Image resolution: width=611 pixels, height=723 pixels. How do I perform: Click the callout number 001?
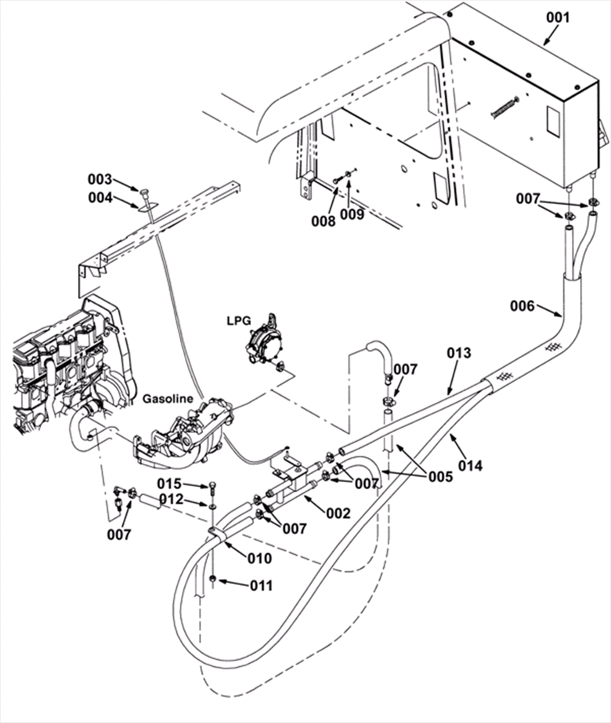(558, 18)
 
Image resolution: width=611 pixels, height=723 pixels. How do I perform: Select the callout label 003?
(100, 179)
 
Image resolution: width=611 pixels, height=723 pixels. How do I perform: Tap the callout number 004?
(100, 198)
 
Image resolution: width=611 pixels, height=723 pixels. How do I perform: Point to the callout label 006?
(522, 306)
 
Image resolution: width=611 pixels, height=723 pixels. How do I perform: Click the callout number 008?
(323, 221)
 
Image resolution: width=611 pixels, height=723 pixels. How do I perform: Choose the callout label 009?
(352, 214)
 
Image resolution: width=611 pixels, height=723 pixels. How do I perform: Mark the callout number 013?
(459, 353)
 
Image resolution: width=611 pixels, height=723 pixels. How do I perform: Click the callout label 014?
(470, 466)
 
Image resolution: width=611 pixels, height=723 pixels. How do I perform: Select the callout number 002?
(338, 513)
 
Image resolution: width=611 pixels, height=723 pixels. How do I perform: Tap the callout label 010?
(259, 558)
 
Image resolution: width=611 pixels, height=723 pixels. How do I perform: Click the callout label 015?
(169, 484)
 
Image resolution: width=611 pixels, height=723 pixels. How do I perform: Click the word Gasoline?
(168, 399)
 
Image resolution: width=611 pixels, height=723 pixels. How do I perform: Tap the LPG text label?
(239, 321)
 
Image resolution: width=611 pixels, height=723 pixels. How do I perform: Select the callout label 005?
(440, 476)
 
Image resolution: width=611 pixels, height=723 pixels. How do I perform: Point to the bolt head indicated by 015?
(212, 486)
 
